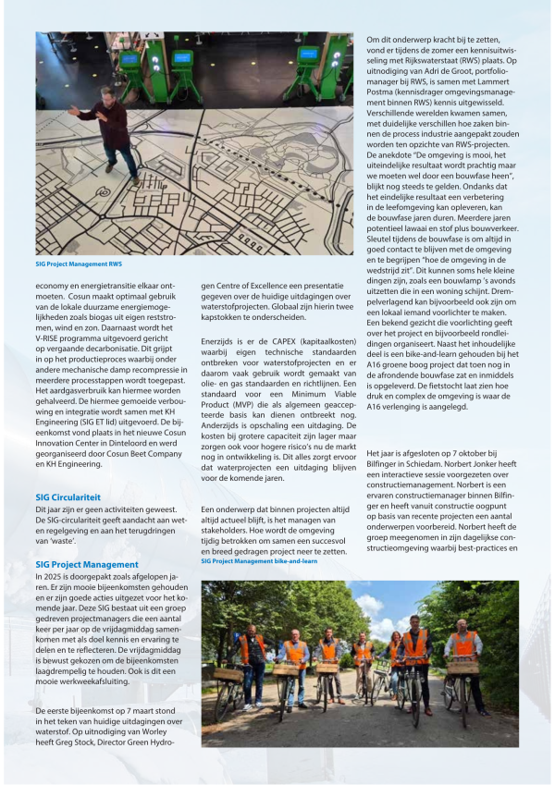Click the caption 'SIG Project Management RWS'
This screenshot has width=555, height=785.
(79, 264)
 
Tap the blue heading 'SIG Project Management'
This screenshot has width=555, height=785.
(86, 564)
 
